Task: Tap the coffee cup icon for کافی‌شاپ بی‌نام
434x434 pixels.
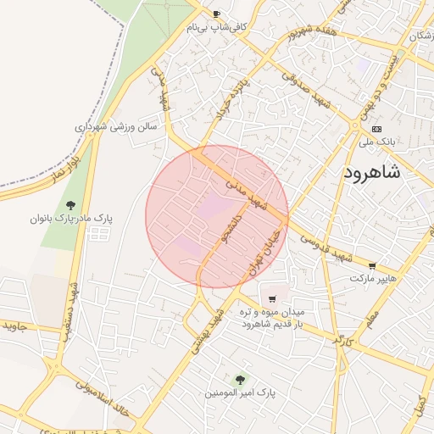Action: point(216,14)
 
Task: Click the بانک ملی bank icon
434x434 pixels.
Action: point(376,129)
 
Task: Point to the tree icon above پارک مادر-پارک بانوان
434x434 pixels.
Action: point(71,204)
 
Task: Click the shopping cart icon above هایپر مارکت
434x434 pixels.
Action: point(372,265)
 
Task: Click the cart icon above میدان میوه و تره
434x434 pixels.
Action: point(271,298)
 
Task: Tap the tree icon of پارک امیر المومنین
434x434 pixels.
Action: point(240,380)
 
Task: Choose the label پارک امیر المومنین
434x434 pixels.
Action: point(241,393)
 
